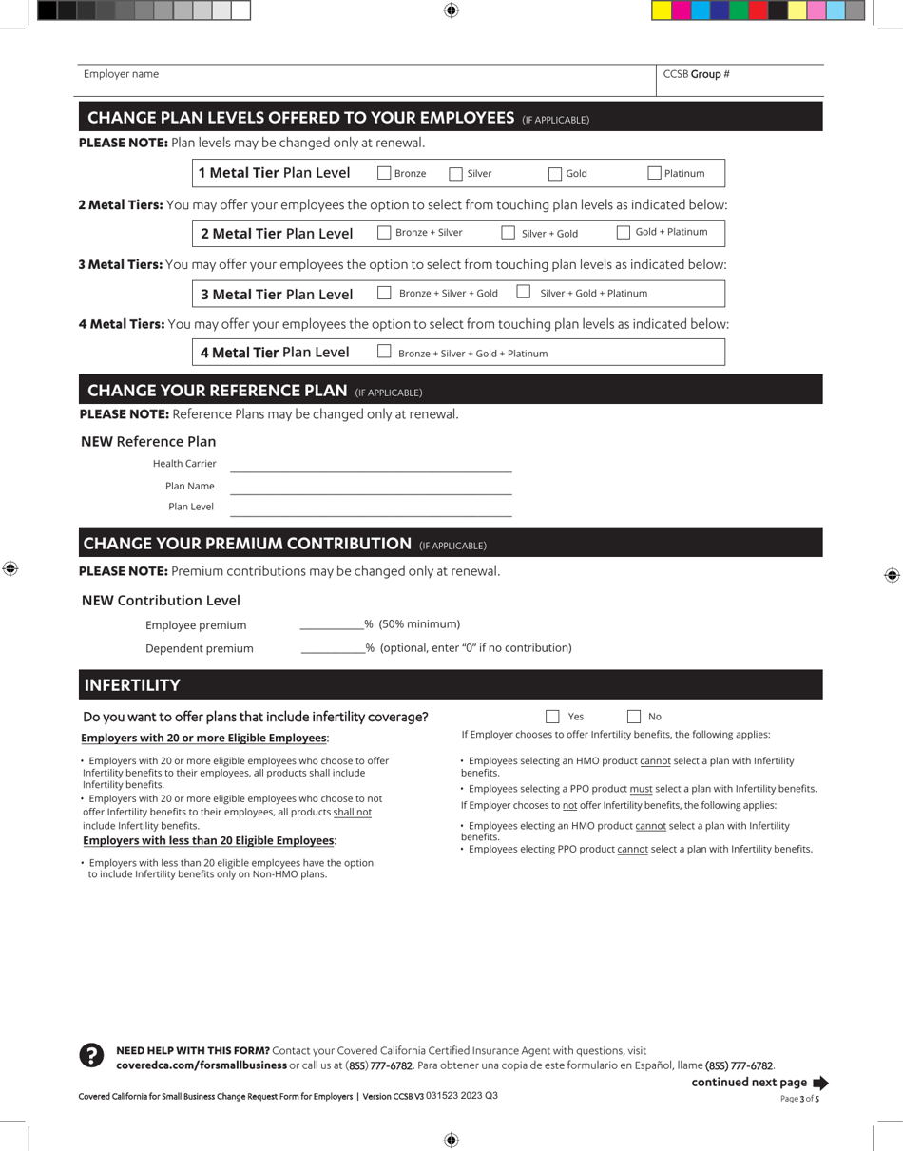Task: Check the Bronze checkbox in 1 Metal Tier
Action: (384, 173)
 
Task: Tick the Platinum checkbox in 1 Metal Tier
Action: (654, 173)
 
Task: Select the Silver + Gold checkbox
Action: (508, 233)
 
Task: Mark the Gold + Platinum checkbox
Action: (624, 232)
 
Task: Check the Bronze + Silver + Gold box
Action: (384, 293)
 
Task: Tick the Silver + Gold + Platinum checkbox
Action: (523, 292)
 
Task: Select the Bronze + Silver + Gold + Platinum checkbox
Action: (384, 352)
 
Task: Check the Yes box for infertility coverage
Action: (552, 717)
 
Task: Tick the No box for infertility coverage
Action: (634, 717)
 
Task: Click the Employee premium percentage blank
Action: (332, 624)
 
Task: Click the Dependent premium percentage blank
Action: (333, 648)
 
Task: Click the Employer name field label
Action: (121, 74)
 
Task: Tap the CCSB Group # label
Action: (696, 74)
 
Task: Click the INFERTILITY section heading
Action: (132, 685)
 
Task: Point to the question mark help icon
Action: (91, 1055)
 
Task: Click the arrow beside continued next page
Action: (821, 1083)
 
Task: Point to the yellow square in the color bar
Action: (661, 10)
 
